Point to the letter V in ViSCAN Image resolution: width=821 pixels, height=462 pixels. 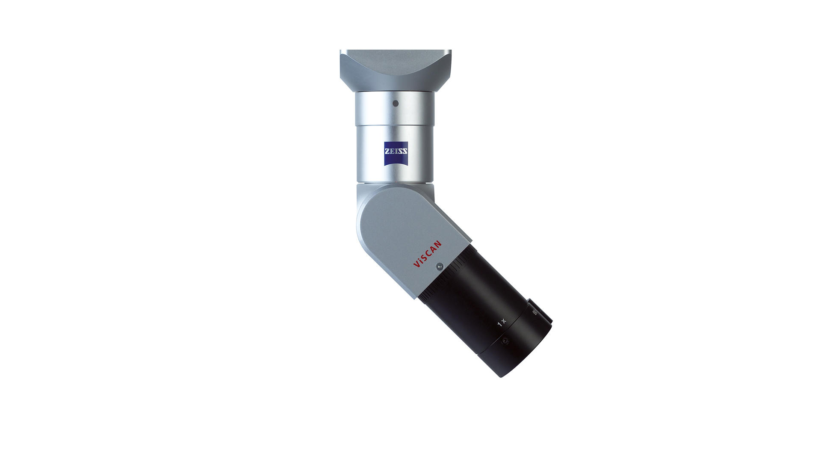pyautogui.click(x=415, y=265)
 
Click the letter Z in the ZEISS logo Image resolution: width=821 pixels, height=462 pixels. pyautogui.click(x=387, y=151)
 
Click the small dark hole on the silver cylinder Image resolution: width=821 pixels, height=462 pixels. pyautogui.click(x=396, y=103)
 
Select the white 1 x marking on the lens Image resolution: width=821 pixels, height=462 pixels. pyautogui.click(x=502, y=323)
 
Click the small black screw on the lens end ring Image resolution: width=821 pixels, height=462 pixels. pyautogui.click(x=505, y=341)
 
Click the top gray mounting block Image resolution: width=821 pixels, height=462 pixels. pyautogui.click(x=396, y=68)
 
